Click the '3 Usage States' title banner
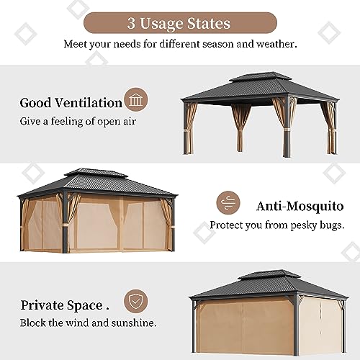(179, 23)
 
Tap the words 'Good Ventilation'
(71, 103)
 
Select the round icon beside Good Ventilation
(135, 99)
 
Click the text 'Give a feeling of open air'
(78, 121)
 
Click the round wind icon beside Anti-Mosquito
(229, 202)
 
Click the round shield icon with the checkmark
(135, 300)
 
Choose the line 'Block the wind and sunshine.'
(88, 322)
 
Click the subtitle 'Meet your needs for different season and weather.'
(179, 43)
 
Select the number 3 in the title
(131, 23)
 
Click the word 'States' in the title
(209, 23)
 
